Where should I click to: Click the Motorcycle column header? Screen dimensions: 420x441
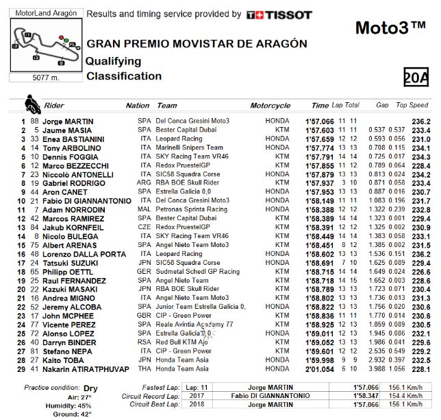[270, 106]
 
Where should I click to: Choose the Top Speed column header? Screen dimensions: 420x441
[412, 106]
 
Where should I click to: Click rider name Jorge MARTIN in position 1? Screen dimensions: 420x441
[67, 121]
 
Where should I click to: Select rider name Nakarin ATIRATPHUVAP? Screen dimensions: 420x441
[86, 369]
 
